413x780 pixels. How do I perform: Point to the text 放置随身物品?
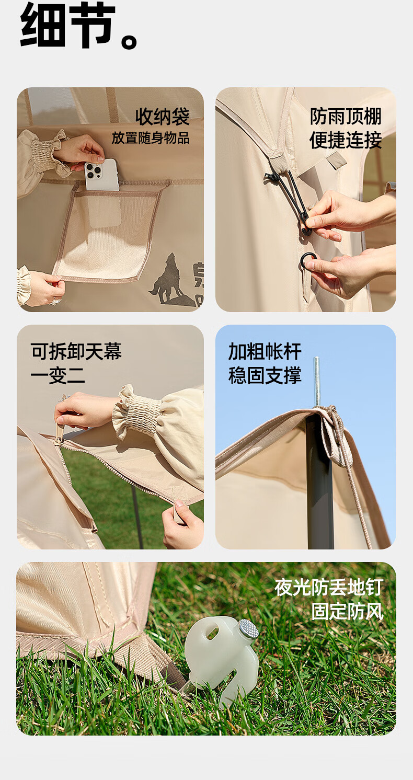[x=151, y=138]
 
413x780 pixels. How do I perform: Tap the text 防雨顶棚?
[x=346, y=116]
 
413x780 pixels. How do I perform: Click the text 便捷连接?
[x=346, y=140]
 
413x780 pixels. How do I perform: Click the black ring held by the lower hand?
[x=308, y=260]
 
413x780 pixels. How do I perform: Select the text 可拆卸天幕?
[x=76, y=351]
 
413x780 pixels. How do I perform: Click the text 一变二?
[x=58, y=375]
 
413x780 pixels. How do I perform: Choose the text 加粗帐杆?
[x=265, y=351]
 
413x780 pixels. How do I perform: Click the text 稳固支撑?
[x=265, y=375]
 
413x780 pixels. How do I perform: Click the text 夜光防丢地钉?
[x=329, y=587]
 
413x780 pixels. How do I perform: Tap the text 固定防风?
[x=347, y=612]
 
